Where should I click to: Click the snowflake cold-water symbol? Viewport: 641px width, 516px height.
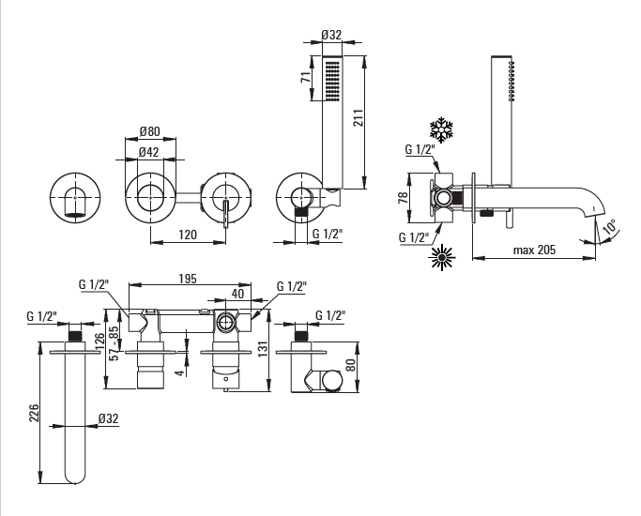(442, 129)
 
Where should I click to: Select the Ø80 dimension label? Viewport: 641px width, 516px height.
(149, 131)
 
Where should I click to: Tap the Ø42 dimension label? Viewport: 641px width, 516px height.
(149, 152)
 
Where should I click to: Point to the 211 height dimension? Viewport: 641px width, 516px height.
(359, 117)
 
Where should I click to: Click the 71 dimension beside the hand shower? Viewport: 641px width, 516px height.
(306, 77)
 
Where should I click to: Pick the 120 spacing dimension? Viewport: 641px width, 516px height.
(188, 235)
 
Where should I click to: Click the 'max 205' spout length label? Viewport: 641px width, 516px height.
(534, 250)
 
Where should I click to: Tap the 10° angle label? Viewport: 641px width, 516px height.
(609, 227)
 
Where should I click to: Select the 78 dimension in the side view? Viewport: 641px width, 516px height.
(403, 198)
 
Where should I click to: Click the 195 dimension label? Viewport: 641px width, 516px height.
(188, 279)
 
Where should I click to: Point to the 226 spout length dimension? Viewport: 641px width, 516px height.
(34, 413)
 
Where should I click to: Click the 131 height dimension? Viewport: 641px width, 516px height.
(264, 349)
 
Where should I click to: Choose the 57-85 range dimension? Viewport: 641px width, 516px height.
(115, 342)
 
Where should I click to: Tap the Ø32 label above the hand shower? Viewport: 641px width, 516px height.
(331, 35)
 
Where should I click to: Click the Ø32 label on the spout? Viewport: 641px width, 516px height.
(108, 418)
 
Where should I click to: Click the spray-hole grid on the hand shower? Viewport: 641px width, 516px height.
(332, 81)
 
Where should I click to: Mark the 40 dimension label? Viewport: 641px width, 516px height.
(237, 294)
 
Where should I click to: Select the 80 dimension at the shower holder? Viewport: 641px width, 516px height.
(351, 365)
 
